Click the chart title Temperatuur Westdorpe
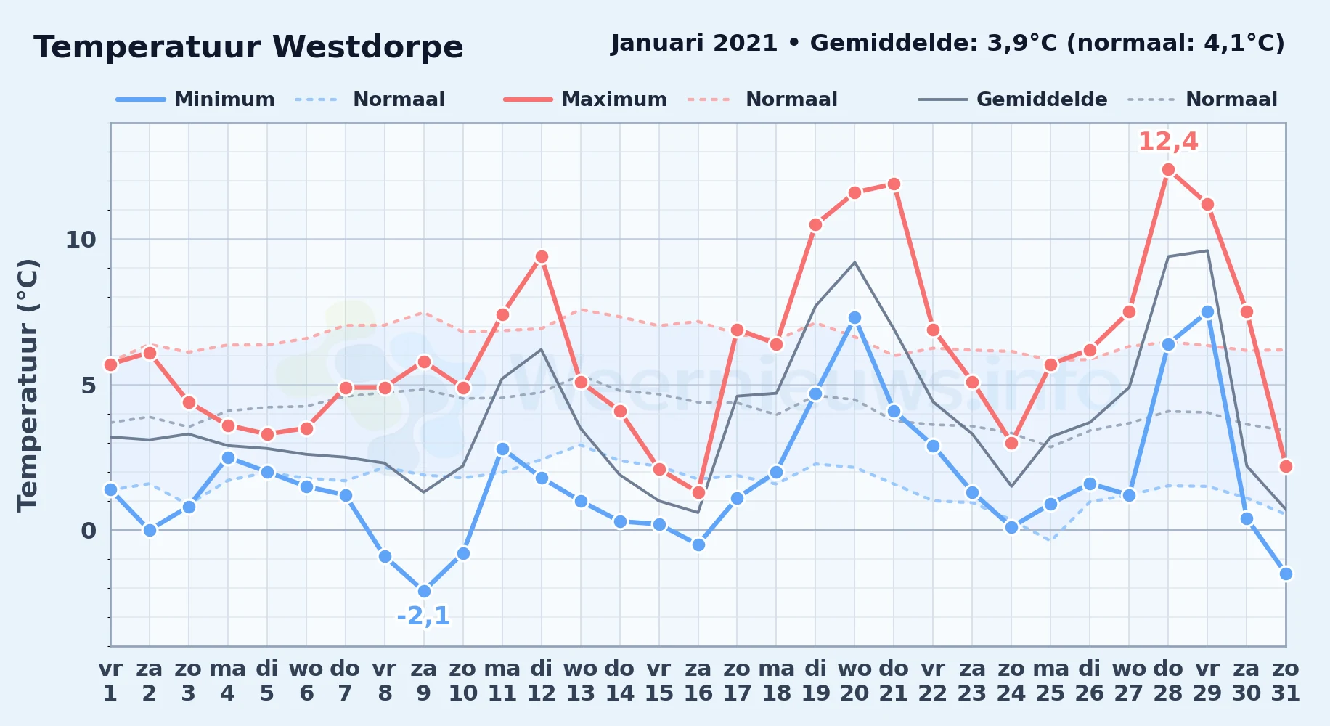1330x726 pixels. click(x=248, y=47)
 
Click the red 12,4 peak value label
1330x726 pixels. click(x=1168, y=142)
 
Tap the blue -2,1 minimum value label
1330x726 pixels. click(x=423, y=616)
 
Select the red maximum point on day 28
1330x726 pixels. click(x=1168, y=170)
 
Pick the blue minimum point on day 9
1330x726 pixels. click(x=424, y=592)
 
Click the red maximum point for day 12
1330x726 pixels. click(x=542, y=257)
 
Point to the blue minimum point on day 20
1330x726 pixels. click(x=854, y=318)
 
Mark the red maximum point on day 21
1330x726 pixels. click(x=894, y=184)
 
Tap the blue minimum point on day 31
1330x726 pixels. click(x=1286, y=574)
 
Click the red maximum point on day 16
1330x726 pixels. click(x=698, y=493)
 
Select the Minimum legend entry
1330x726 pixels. click(x=195, y=99)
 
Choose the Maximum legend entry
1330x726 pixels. click(x=585, y=99)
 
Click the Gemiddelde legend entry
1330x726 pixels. click(x=1013, y=99)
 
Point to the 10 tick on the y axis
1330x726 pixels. click(x=81, y=240)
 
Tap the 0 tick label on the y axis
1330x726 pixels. click(x=89, y=531)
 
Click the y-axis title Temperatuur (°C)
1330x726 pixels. click(x=28, y=385)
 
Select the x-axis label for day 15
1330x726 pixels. click(x=659, y=681)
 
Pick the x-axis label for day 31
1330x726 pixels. click(x=1286, y=681)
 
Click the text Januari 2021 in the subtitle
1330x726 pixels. click(x=695, y=44)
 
